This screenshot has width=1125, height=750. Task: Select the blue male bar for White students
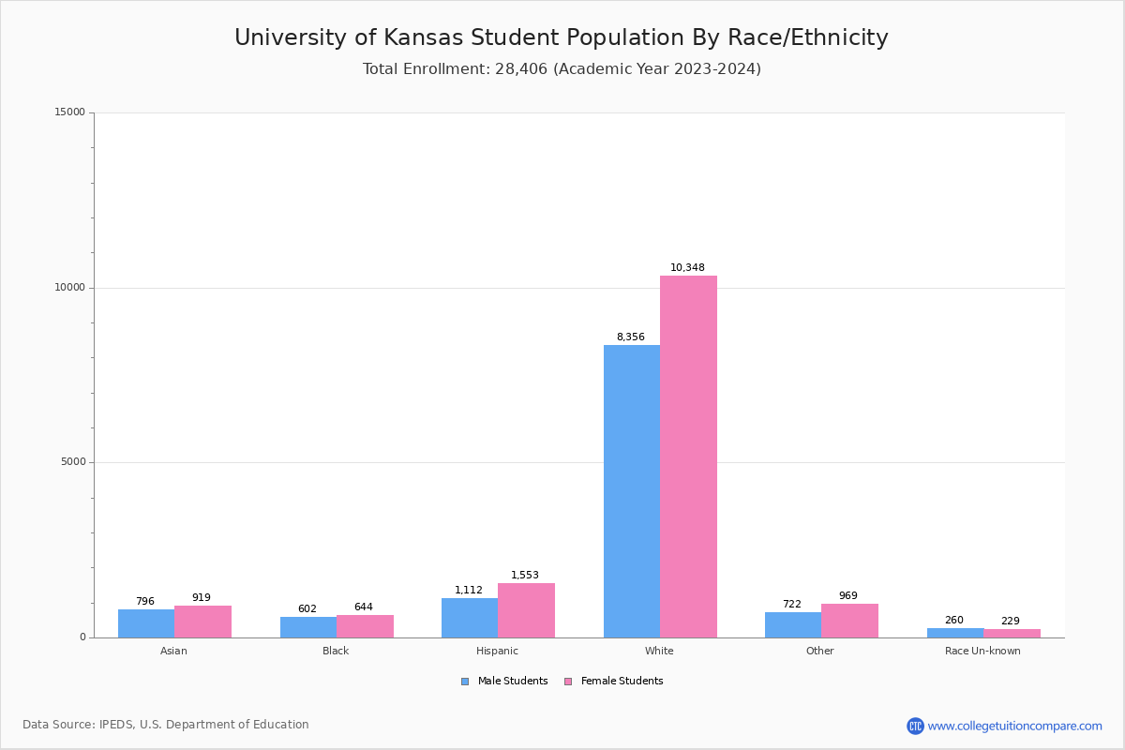pos(631,491)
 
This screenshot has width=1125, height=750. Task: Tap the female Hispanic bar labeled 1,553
pos(526,610)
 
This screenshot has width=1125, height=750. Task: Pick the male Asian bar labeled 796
pos(146,623)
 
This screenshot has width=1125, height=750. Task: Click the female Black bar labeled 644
pos(365,626)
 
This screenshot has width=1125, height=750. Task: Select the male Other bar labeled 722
pos(792,624)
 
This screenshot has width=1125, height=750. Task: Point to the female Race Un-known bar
pos(1012,633)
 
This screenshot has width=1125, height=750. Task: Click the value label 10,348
pos(687,268)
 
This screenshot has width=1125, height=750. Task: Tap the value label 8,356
pos(630,337)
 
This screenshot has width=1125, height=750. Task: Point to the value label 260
pos(953,621)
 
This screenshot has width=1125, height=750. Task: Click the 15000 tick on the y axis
pos(70,112)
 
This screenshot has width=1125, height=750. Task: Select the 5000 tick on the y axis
pos(73,462)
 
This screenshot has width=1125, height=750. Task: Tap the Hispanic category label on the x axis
pos(497,651)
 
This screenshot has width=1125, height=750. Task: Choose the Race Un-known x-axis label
pos(982,651)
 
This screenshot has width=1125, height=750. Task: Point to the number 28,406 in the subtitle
pos(519,69)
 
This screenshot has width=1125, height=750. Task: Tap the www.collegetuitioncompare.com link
pos(1014,726)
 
